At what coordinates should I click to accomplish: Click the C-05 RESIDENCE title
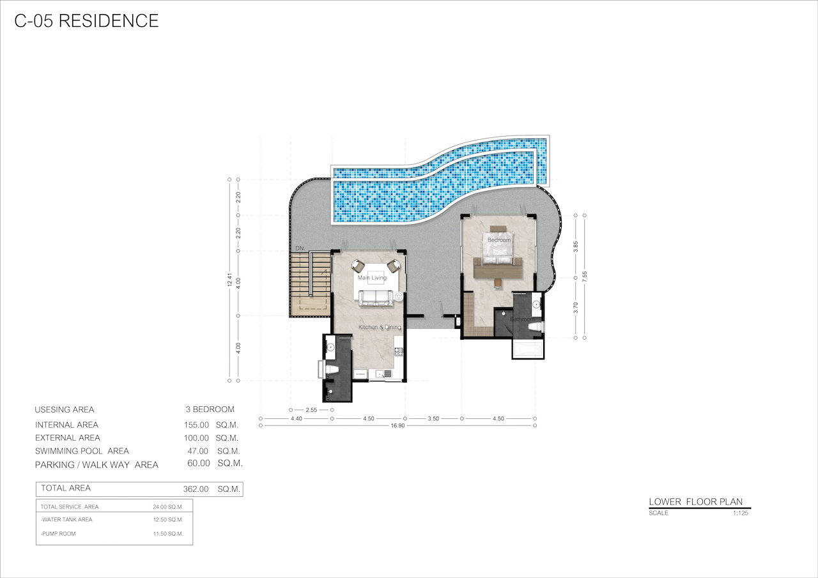pos(86,21)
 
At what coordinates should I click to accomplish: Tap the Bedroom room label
pos(499,240)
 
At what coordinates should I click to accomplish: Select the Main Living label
pos(372,278)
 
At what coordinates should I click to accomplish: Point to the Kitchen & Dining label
pos(380,327)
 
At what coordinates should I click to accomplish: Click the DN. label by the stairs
pos(300,248)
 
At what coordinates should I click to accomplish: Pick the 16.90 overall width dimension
pos(397,425)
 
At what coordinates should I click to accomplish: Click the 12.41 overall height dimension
pos(229,280)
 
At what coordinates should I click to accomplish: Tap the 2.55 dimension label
pos(311,410)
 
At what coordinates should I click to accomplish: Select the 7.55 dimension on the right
pos(585,277)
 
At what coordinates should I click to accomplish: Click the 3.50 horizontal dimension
pos(433,418)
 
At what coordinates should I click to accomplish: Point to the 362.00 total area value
pos(196,489)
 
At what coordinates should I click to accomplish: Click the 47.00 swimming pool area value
pos(197,451)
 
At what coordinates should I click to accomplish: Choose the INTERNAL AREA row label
pos(66,425)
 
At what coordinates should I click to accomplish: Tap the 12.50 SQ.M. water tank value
pos(168,520)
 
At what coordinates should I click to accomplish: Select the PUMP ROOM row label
pos(58,533)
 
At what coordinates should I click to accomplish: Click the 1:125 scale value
pos(741,513)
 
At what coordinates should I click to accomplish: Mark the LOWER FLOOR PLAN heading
pos(696,502)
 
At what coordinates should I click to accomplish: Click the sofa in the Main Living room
pos(376,298)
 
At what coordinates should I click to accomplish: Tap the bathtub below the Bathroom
pos(528,349)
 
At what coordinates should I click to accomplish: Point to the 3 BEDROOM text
pos(210,409)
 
